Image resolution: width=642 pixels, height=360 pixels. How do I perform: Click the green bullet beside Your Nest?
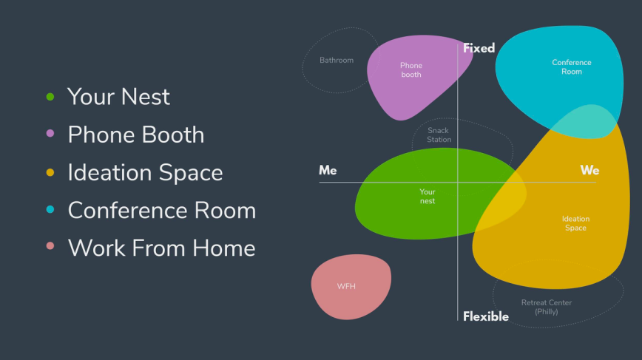click(50, 96)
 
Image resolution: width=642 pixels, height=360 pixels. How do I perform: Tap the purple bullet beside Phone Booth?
click(50, 134)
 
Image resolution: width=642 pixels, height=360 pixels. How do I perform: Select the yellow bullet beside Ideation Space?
click(50, 172)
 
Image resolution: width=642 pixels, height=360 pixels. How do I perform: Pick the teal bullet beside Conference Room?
click(50, 210)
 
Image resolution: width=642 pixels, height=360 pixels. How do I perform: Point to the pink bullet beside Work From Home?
click(50, 248)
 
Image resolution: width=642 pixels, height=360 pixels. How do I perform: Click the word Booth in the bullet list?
click(174, 135)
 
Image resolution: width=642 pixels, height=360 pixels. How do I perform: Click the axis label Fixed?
click(479, 48)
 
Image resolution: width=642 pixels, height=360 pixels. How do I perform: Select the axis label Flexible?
click(485, 316)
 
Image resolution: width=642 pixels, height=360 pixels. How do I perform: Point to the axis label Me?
click(328, 171)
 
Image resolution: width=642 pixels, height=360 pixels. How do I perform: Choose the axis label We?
click(589, 171)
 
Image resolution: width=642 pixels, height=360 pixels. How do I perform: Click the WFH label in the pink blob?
click(346, 286)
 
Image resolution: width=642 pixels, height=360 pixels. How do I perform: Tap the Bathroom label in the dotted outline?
click(337, 61)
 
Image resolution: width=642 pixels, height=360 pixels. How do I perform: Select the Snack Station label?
click(439, 135)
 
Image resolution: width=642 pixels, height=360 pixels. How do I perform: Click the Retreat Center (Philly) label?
click(546, 307)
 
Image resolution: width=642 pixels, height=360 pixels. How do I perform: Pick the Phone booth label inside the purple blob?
click(411, 70)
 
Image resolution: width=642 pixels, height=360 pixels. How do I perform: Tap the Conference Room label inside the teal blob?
click(572, 67)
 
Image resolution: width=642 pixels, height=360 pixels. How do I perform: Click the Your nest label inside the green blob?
click(428, 197)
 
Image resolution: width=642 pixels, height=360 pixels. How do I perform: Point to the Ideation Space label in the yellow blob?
click(575, 223)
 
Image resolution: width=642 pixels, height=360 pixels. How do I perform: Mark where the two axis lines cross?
click(458, 182)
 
